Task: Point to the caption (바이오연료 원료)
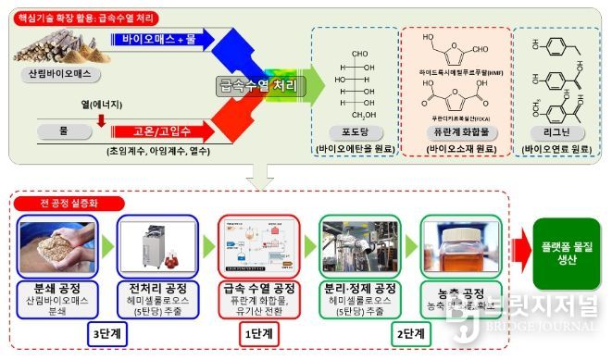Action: pos(556,148)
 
